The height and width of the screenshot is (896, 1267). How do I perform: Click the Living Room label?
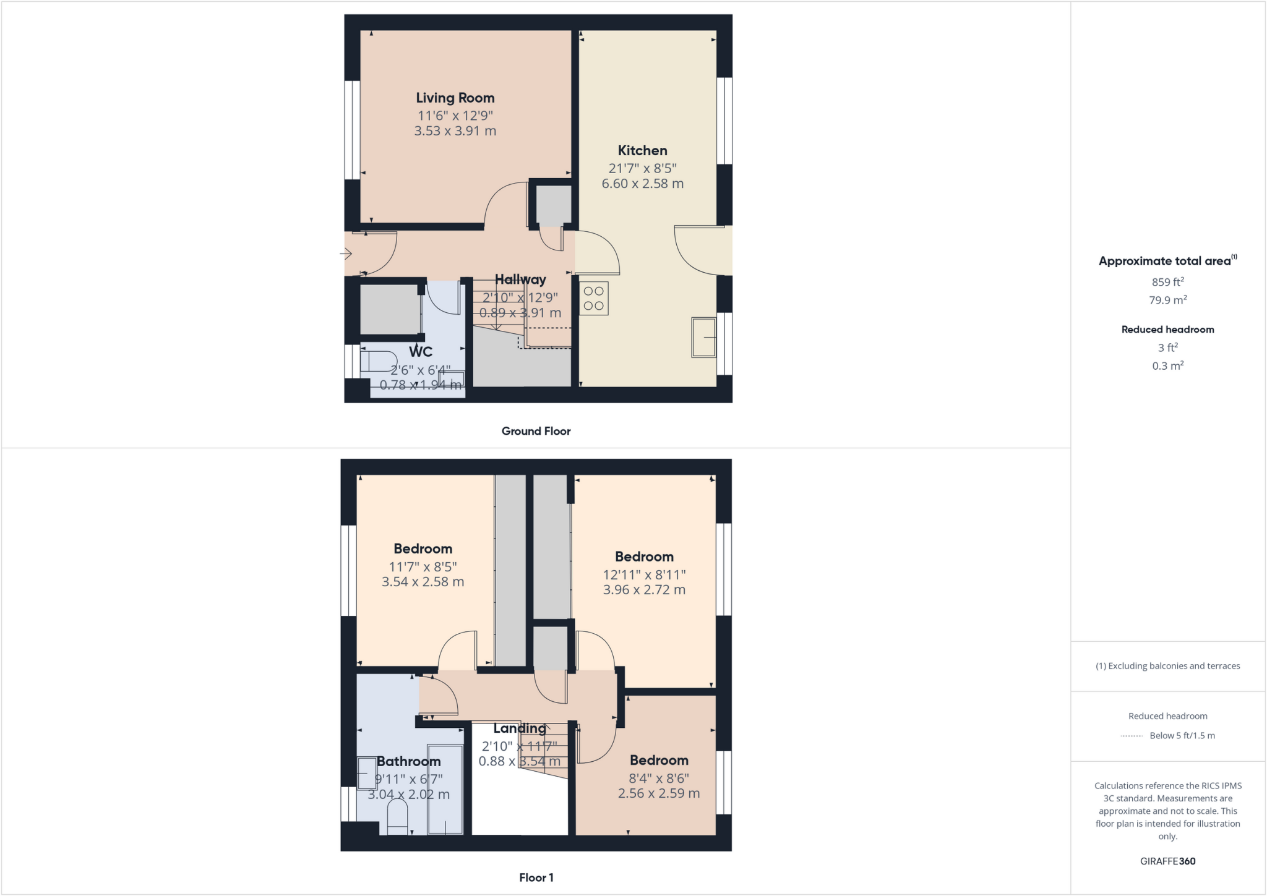(x=455, y=98)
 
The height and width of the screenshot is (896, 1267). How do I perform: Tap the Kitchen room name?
(x=642, y=150)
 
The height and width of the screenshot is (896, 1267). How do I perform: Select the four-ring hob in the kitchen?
(x=594, y=298)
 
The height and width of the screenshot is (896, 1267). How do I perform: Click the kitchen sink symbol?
(x=703, y=337)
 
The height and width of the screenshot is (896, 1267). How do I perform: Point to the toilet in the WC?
(x=379, y=361)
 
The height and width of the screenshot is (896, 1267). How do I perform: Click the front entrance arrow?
(x=346, y=254)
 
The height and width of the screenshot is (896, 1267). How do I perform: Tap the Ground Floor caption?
(x=536, y=431)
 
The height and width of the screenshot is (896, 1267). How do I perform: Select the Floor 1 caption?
(x=536, y=877)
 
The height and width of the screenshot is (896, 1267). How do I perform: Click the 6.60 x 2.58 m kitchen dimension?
(x=642, y=184)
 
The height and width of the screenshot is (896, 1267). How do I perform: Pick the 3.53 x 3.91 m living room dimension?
(x=455, y=131)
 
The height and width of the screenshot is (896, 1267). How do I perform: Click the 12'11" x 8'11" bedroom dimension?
(x=644, y=574)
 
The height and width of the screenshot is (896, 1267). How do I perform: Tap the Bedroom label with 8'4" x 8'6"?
(x=659, y=761)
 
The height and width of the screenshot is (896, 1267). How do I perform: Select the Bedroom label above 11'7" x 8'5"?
(x=423, y=548)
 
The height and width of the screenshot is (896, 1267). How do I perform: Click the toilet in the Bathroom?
(x=397, y=816)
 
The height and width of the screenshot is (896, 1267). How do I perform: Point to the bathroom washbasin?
(x=366, y=773)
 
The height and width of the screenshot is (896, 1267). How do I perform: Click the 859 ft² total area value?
(x=1167, y=282)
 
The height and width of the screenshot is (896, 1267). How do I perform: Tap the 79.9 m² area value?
(x=1167, y=301)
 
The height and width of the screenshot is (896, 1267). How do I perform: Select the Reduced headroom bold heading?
(x=1167, y=330)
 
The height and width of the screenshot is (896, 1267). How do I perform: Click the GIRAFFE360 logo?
(x=1167, y=861)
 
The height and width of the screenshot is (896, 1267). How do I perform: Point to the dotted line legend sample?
(x=1131, y=736)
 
